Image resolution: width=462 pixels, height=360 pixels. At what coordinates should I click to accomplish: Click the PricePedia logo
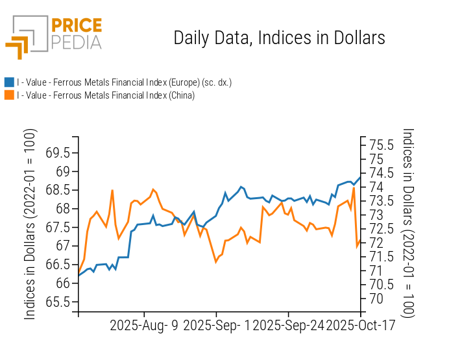pyautogui.click(x=54, y=36)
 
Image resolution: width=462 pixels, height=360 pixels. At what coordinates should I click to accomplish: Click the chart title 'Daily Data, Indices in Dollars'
pyautogui.click(x=279, y=38)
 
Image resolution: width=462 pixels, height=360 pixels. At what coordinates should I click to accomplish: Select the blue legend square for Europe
pyautogui.click(x=9, y=82)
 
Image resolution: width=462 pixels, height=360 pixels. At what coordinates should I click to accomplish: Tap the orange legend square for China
pyautogui.click(x=9, y=95)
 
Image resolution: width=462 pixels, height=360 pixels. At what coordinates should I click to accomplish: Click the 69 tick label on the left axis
pyautogui.click(x=63, y=172)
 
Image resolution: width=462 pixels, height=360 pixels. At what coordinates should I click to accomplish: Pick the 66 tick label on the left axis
pyautogui.click(x=63, y=283)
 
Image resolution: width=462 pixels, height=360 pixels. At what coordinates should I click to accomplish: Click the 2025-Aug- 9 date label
pyautogui.click(x=144, y=326)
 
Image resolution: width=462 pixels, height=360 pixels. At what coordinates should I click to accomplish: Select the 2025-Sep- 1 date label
pyautogui.click(x=216, y=326)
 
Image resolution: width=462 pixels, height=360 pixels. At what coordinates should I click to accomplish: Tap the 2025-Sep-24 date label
pyautogui.click(x=287, y=326)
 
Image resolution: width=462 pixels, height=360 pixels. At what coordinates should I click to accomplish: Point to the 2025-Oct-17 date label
pyautogui.click(x=359, y=326)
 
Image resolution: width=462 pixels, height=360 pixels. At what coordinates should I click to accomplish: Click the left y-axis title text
pyautogui.click(x=30, y=224)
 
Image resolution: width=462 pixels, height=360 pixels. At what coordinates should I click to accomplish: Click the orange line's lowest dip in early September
pyautogui.click(x=216, y=261)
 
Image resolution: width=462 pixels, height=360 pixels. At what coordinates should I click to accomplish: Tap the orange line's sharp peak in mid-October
pyautogui.click(x=354, y=188)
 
